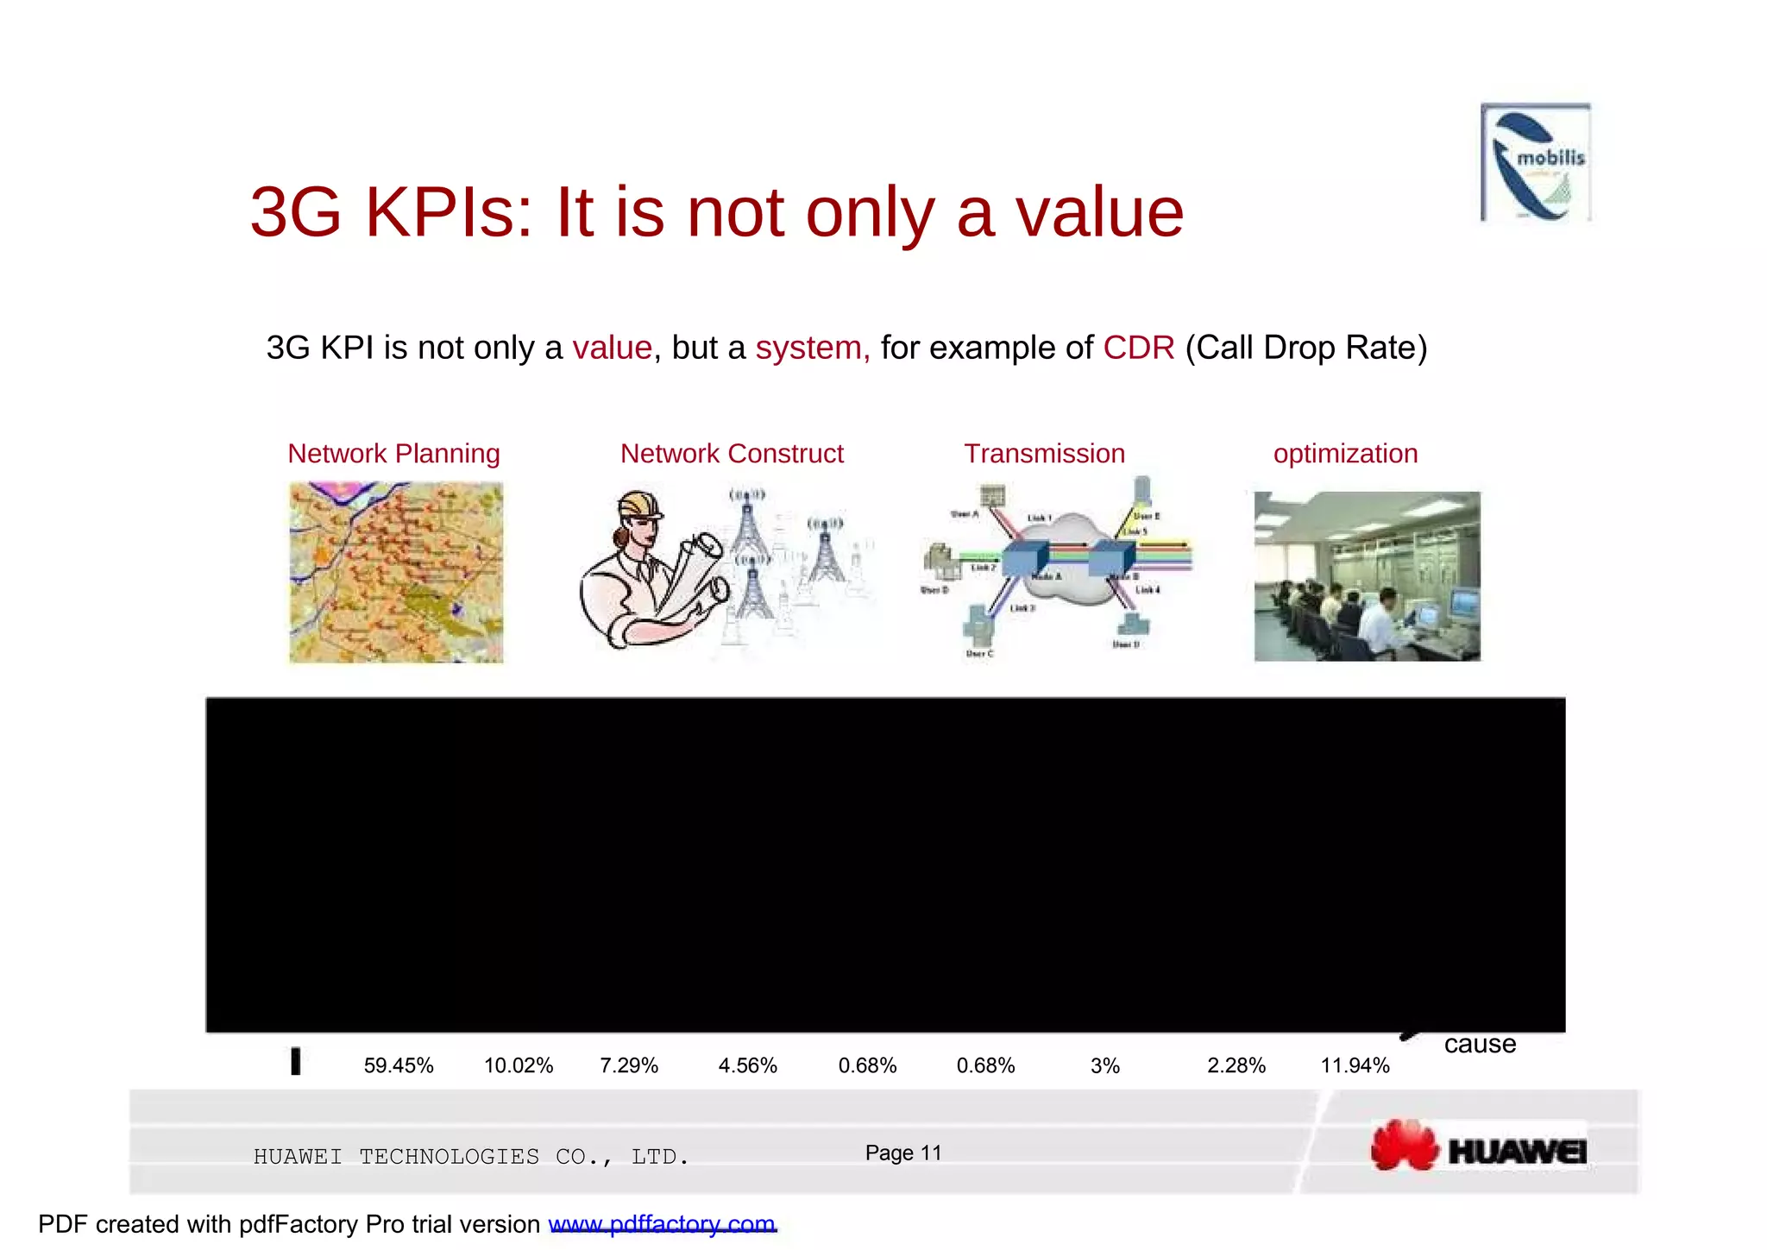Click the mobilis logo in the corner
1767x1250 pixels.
point(1536,162)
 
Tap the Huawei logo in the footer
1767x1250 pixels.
point(1479,1146)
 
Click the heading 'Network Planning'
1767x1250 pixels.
point(393,454)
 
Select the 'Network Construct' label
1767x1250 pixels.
point(732,454)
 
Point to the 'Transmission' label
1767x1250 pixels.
point(1044,454)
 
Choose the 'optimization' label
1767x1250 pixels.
point(1345,454)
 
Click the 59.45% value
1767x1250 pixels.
point(399,1066)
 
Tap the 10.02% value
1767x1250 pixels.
point(519,1066)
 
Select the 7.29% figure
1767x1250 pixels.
point(629,1066)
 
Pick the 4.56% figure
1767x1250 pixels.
point(748,1066)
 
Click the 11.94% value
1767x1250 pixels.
point(1355,1066)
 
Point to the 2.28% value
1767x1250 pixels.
point(1236,1066)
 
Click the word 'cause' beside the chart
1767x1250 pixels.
point(1480,1045)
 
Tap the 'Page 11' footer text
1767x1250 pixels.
point(903,1153)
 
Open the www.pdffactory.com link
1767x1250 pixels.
point(663,1224)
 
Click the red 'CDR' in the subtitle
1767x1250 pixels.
point(1139,348)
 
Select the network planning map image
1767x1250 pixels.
point(396,573)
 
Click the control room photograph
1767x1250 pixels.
point(1367,576)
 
